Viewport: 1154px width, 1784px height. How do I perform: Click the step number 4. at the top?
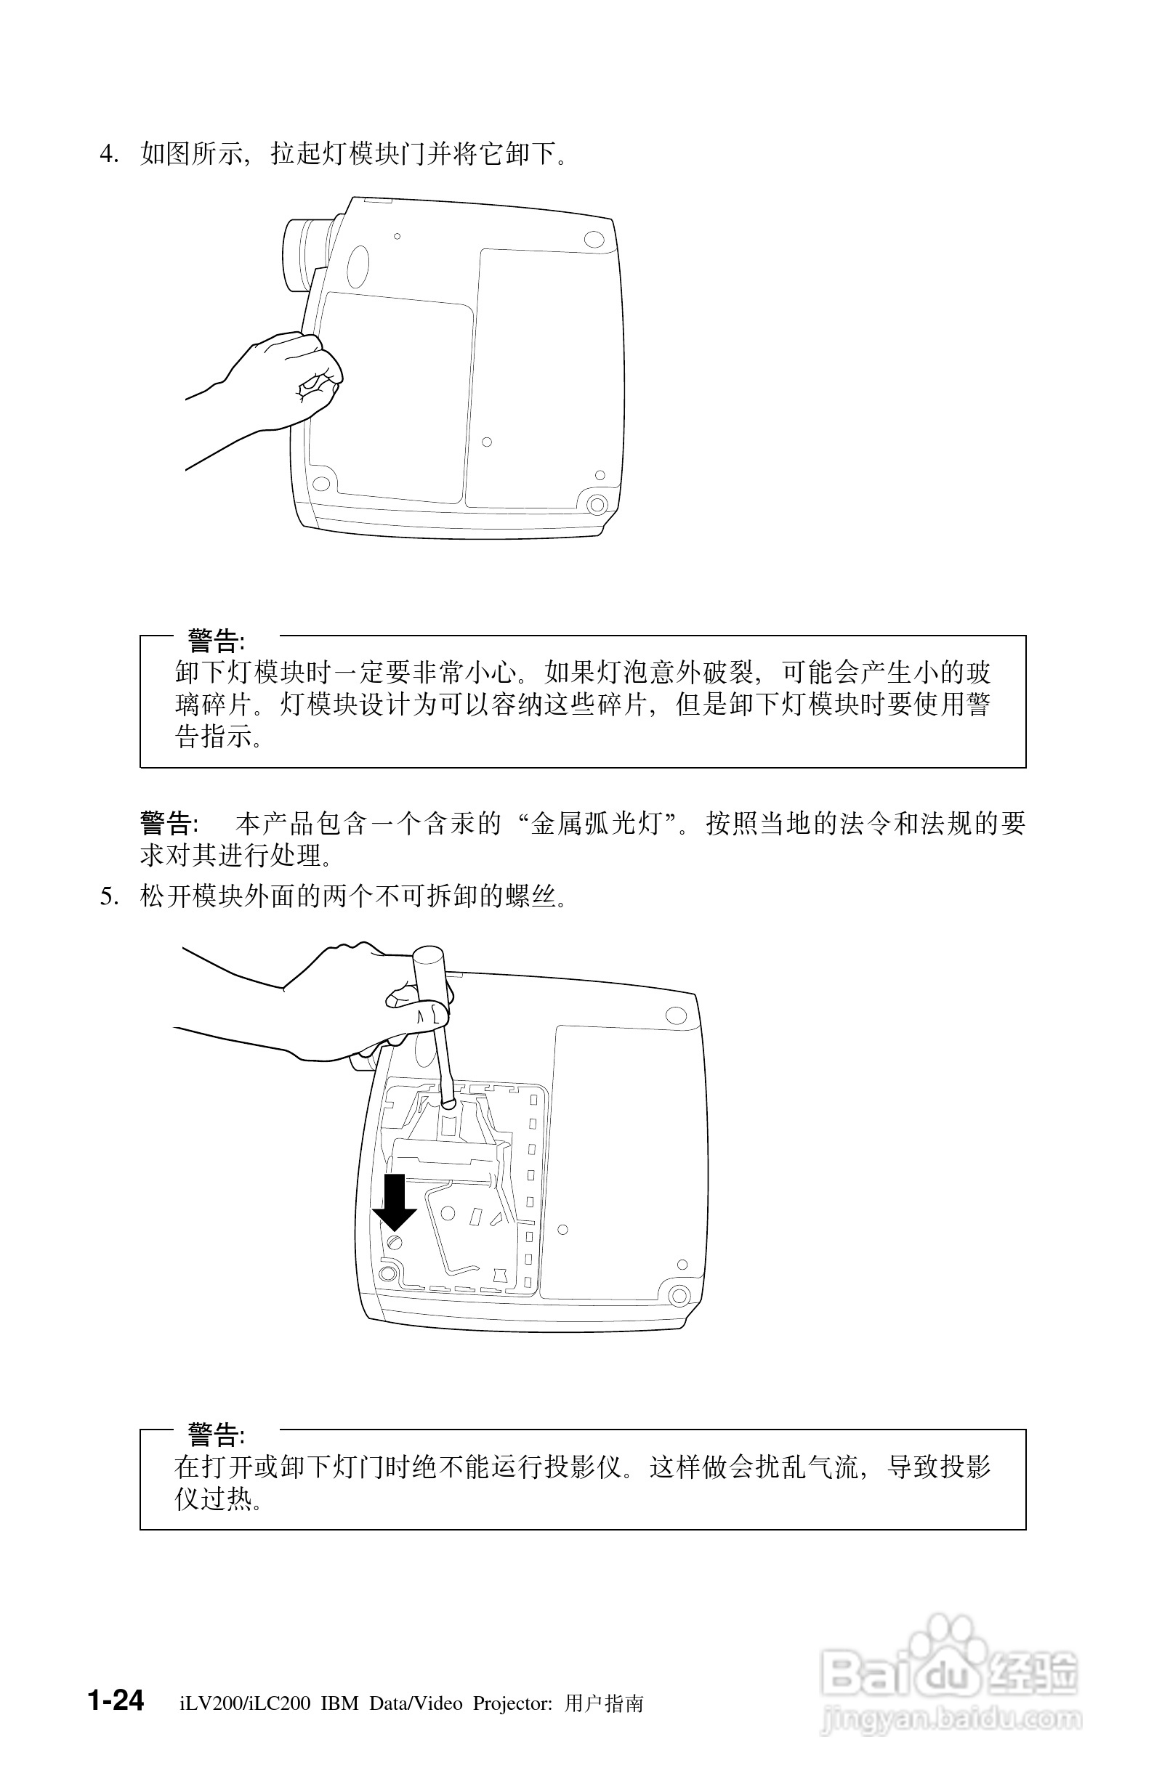click(110, 154)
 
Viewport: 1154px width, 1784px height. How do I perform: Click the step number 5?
click(110, 896)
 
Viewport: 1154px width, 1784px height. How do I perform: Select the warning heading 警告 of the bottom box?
click(215, 1435)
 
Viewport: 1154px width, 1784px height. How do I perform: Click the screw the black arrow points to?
click(395, 1243)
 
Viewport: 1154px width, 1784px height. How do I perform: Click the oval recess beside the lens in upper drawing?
click(358, 265)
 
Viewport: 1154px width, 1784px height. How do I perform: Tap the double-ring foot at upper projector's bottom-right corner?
click(597, 504)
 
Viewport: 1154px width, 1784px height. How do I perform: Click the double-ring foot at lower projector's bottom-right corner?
click(679, 1295)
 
